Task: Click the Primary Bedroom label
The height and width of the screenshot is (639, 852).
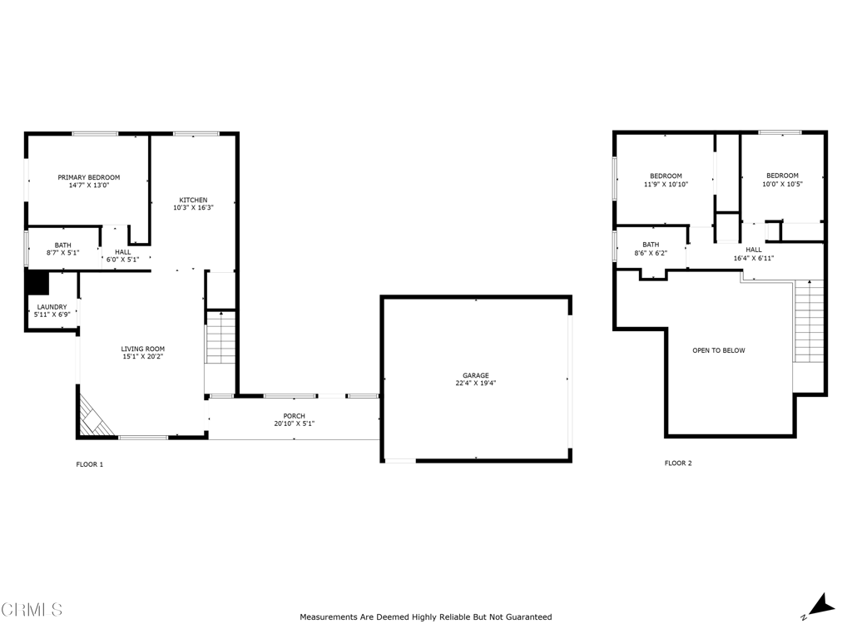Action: tap(88, 177)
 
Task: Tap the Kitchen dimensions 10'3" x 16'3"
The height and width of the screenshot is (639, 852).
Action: tap(193, 207)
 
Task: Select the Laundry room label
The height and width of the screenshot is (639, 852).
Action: tap(52, 307)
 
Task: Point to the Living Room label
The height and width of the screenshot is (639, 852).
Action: tap(143, 349)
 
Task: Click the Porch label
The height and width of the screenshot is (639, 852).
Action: tap(294, 416)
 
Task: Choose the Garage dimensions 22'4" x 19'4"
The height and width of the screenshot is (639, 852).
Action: tap(476, 384)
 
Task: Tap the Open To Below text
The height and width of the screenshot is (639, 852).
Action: tap(719, 350)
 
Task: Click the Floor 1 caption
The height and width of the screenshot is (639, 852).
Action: tap(90, 464)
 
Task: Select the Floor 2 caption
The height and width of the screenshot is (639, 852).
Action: tap(678, 463)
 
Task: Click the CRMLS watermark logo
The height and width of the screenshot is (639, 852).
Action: tap(32, 610)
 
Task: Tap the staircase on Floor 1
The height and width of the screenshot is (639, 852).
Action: tap(220, 336)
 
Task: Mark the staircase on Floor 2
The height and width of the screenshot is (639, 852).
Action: tap(809, 321)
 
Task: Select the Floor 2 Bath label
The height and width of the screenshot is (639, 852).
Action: tap(650, 245)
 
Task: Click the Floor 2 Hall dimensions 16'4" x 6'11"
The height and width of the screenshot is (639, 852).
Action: tap(753, 258)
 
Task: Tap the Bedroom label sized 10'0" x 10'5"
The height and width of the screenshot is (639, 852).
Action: tap(782, 176)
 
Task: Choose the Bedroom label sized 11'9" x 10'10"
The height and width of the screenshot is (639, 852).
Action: tap(666, 176)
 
